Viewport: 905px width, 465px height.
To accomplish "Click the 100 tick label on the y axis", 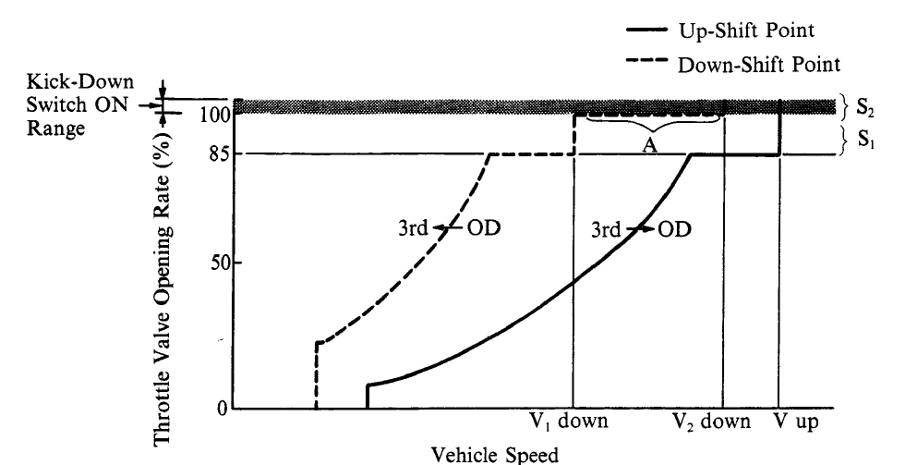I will click(212, 116).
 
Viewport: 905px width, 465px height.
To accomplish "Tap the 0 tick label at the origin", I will click(223, 409).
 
